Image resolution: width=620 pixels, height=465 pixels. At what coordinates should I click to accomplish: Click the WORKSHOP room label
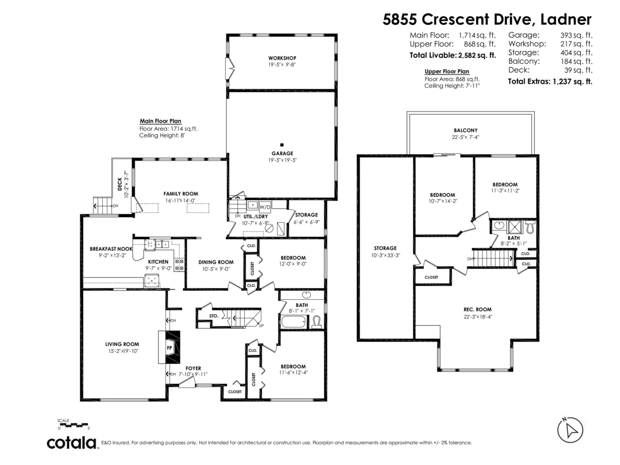tap(282, 57)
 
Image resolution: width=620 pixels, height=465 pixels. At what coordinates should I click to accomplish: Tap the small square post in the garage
tap(282, 145)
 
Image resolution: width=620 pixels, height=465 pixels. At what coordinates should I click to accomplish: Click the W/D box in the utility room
tap(265, 206)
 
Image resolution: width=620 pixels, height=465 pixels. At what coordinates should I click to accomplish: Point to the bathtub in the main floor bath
tap(293, 321)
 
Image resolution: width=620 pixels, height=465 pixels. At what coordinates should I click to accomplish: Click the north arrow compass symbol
tap(570, 429)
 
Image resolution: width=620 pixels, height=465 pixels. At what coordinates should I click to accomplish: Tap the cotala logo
tap(72, 443)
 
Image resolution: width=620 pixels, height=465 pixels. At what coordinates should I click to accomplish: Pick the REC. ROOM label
tap(477, 309)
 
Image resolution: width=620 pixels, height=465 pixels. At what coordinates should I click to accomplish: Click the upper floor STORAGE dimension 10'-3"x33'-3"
tap(385, 255)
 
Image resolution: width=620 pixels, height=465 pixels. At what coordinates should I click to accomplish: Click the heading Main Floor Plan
tap(160, 120)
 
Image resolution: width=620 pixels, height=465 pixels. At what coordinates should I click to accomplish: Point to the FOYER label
tap(193, 368)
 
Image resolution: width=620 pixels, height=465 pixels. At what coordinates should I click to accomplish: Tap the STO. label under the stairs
tap(213, 315)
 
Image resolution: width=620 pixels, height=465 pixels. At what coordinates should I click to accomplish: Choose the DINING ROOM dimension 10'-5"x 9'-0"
tap(216, 269)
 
